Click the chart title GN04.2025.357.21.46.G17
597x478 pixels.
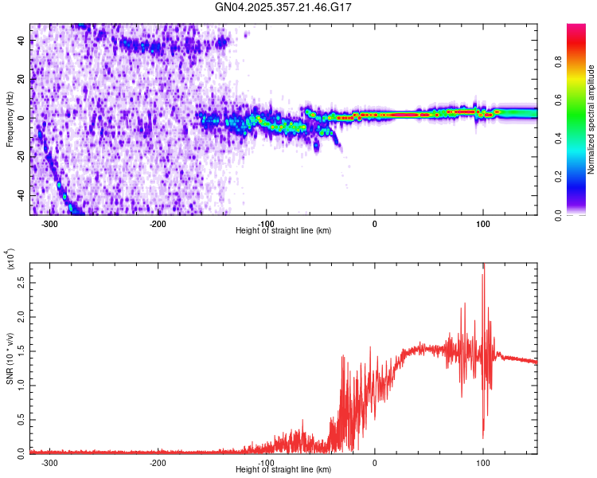[x=283, y=7]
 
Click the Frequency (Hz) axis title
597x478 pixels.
[x=10, y=119]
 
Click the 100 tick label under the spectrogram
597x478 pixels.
[x=482, y=223]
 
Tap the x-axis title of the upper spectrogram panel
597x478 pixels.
[x=283, y=231]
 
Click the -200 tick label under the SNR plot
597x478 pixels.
[x=158, y=462]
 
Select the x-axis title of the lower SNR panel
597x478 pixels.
[x=283, y=470]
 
